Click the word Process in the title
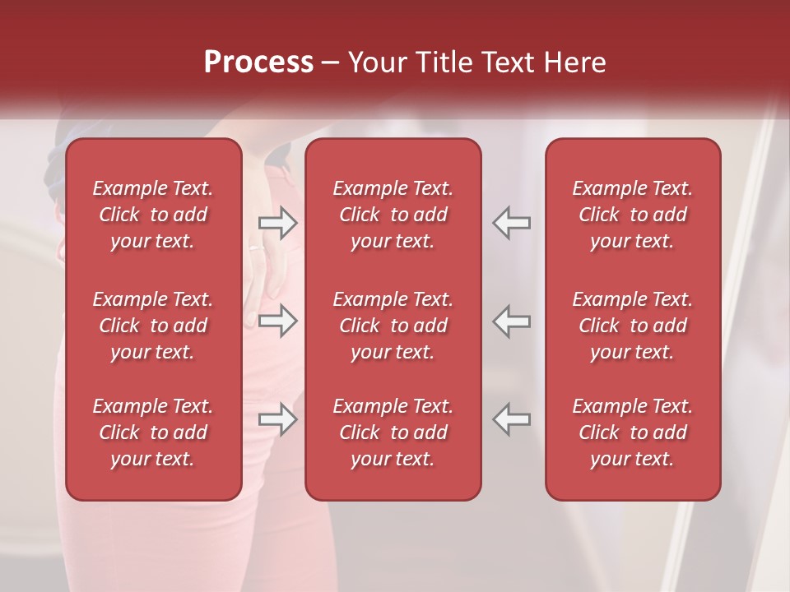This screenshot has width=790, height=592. pos(258,62)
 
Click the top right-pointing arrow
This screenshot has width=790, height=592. pos(277,223)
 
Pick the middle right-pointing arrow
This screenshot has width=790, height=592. pos(277,321)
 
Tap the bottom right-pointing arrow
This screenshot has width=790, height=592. pos(277,419)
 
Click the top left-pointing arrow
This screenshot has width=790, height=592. pos(512,223)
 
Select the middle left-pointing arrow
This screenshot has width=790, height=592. pos(512,321)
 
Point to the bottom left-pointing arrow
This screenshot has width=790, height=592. pos(512,419)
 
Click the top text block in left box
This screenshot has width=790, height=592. pos(153,215)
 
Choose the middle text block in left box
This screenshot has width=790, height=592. pos(153,326)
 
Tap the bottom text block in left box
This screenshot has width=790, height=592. pos(153,432)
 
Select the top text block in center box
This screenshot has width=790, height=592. pos(393,215)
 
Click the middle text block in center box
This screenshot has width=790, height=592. pos(393,326)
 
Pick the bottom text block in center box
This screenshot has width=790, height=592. pos(393,432)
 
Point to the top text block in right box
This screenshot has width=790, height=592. pos(633,215)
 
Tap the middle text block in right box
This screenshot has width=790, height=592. pos(633,326)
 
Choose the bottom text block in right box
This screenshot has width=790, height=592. pos(633,432)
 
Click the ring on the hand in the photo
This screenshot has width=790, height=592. pos(256,246)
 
